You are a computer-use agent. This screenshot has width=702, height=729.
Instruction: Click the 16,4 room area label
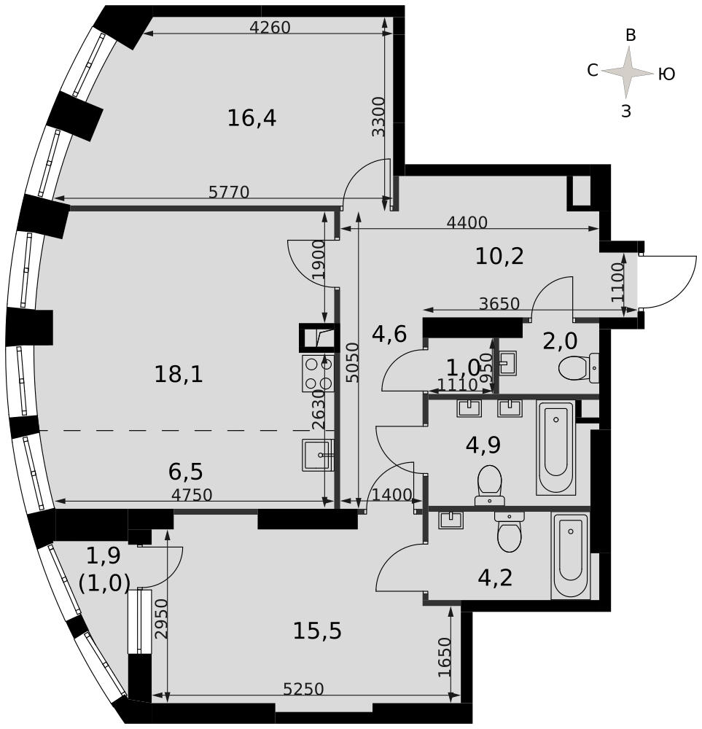(x=251, y=118)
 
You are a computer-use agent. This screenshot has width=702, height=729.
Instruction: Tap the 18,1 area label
(x=179, y=374)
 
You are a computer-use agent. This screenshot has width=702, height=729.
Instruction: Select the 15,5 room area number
(x=317, y=631)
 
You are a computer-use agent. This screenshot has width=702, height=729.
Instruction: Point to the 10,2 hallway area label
(x=499, y=256)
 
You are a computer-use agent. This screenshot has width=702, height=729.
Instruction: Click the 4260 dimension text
(x=270, y=28)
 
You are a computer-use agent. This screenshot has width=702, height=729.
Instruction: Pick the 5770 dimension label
(x=229, y=192)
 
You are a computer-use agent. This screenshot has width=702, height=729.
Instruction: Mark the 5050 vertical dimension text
(x=354, y=362)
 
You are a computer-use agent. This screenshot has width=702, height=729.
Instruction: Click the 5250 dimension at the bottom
(x=303, y=689)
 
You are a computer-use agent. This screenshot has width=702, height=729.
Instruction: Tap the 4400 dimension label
(x=467, y=222)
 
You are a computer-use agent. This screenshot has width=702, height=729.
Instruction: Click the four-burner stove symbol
(x=319, y=373)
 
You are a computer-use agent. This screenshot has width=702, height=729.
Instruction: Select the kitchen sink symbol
(x=319, y=455)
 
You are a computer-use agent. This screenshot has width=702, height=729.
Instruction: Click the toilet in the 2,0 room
(x=579, y=368)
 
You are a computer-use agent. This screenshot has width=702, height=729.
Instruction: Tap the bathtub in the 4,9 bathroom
(x=556, y=448)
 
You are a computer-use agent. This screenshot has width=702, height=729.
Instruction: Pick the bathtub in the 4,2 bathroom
(x=571, y=555)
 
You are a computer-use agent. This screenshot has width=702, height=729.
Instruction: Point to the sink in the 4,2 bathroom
(x=451, y=520)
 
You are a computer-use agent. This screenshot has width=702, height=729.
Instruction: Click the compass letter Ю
(x=667, y=74)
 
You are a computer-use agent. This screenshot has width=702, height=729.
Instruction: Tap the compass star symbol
(x=628, y=72)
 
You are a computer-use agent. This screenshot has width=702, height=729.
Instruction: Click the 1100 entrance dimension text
(x=617, y=283)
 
